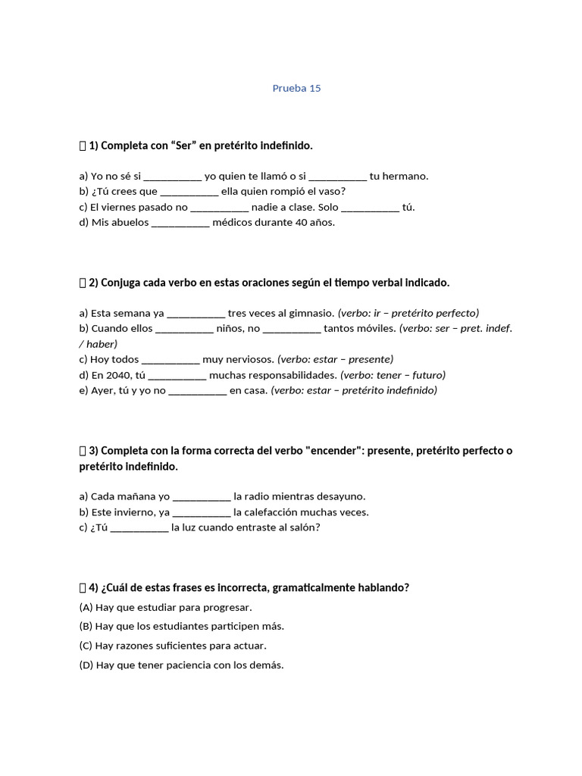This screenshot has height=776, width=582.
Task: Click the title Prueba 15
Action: point(296,88)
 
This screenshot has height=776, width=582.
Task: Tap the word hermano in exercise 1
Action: point(407,176)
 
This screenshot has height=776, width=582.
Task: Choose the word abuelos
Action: point(129,223)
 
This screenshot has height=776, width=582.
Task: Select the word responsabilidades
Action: point(291,375)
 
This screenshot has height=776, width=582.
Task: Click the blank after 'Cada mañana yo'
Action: point(202,497)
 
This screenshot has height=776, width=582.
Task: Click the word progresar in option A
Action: point(225,608)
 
